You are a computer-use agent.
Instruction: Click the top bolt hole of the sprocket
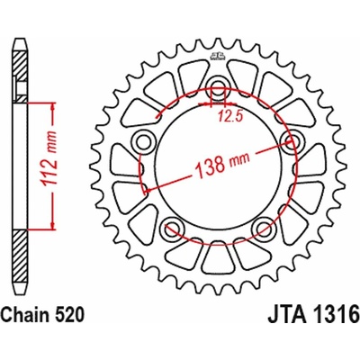coord(217,88)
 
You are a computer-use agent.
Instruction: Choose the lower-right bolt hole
coord(264,226)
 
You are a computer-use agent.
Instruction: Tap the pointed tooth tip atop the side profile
coord(21,40)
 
